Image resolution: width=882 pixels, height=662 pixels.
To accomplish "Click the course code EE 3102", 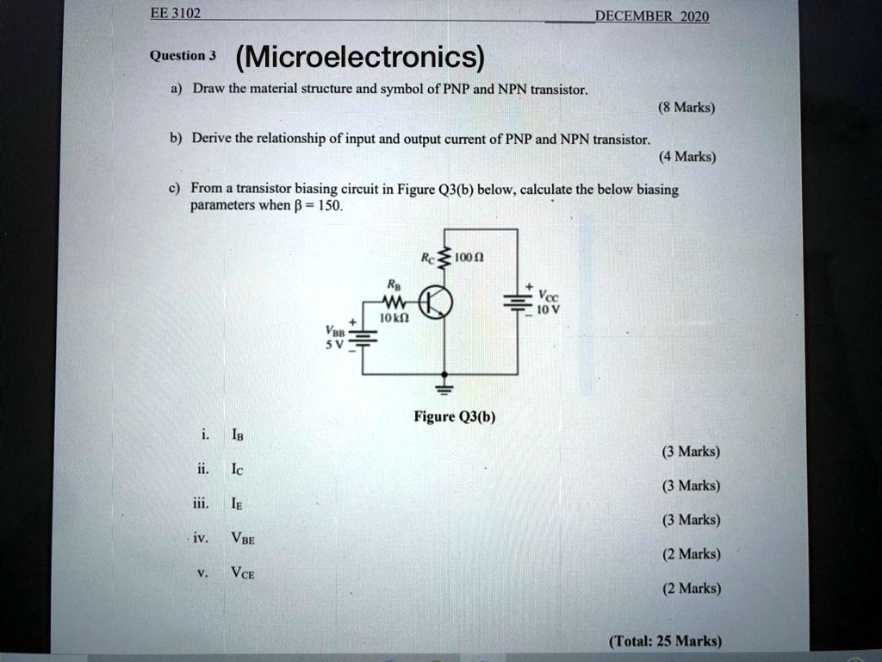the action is coord(175,13).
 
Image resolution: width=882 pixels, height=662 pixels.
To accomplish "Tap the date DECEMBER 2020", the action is coord(652,17).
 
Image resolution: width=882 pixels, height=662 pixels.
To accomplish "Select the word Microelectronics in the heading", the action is coord(361,59).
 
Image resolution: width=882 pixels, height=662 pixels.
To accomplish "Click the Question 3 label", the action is coord(183,56).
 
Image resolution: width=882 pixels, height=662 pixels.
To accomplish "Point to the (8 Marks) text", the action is coord(686,109).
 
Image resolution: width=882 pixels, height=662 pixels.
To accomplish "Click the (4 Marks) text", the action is coord(686,157).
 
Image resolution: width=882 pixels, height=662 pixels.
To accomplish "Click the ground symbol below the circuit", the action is coord(445,384).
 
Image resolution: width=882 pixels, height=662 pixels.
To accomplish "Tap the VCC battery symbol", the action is coord(518,302).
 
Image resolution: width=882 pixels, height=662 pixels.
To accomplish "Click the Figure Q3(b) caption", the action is coord(455,417).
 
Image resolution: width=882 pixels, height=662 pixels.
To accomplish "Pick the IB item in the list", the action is coord(237,435).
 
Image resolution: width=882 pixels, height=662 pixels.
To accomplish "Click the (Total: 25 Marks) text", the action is coord(664,641).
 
